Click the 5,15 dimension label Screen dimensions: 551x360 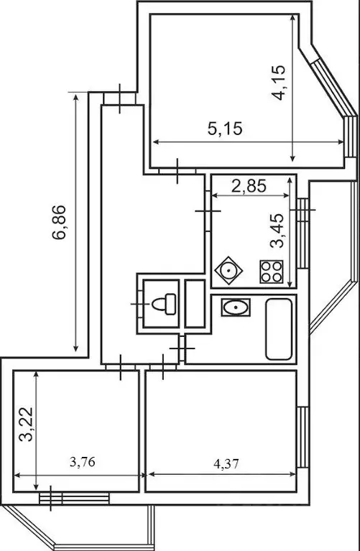click(226, 129)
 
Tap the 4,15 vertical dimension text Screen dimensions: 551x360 click(280, 83)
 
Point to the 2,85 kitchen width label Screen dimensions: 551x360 click(248, 186)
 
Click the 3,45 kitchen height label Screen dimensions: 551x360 click(277, 229)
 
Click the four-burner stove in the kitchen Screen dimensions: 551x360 click(271, 272)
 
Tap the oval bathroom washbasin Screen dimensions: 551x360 click(234, 308)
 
